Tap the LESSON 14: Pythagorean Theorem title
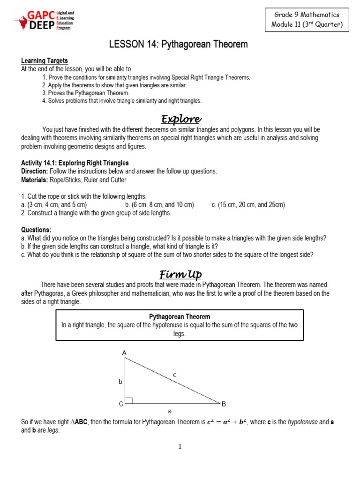[179, 45]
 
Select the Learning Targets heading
[45, 60]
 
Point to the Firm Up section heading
[181, 274]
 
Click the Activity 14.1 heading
[75, 163]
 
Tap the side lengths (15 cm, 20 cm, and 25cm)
[248, 205]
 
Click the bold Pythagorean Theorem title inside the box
[180, 317]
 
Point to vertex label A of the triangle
[124, 352]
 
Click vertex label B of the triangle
[224, 403]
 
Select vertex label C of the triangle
[120, 403]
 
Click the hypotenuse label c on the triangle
[175, 374]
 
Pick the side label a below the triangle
[170, 411]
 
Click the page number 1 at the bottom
[180, 447]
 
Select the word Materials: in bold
[35, 180]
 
